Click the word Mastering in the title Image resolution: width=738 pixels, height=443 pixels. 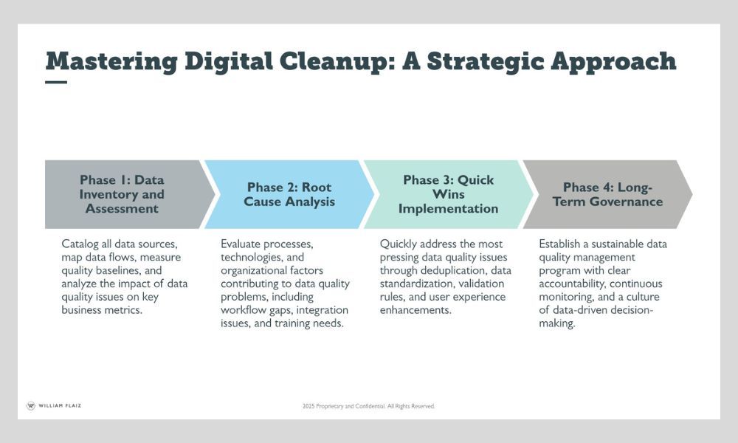click(x=111, y=62)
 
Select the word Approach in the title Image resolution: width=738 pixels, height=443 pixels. click(x=613, y=62)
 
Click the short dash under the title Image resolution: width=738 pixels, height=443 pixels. click(x=56, y=82)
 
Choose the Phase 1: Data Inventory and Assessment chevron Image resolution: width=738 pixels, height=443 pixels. click(x=125, y=194)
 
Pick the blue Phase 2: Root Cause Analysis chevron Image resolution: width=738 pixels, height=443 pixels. click(x=289, y=194)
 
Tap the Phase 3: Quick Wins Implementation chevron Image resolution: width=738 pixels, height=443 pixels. click(x=448, y=194)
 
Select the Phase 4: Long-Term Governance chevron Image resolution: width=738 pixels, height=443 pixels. click(x=607, y=194)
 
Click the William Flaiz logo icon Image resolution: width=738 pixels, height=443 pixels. click(x=31, y=406)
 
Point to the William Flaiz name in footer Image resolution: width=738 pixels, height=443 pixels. click(x=60, y=405)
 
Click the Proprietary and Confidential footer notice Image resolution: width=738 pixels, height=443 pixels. click(x=368, y=406)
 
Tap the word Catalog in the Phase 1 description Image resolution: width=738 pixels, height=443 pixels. click(x=80, y=244)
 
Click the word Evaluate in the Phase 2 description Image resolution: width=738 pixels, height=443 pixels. click(x=241, y=244)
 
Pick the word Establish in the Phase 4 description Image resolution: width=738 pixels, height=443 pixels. click(x=559, y=244)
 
